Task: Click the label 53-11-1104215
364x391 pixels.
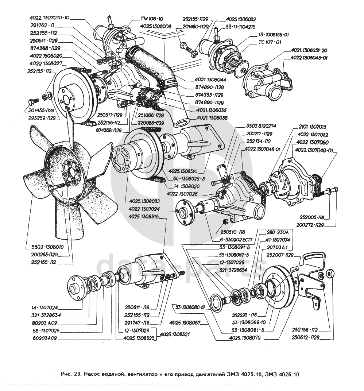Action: click(240, 27)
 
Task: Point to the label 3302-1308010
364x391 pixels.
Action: click(45, 247)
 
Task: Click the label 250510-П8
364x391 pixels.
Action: click(232, 232)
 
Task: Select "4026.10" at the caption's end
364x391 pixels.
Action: click(288, 375)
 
